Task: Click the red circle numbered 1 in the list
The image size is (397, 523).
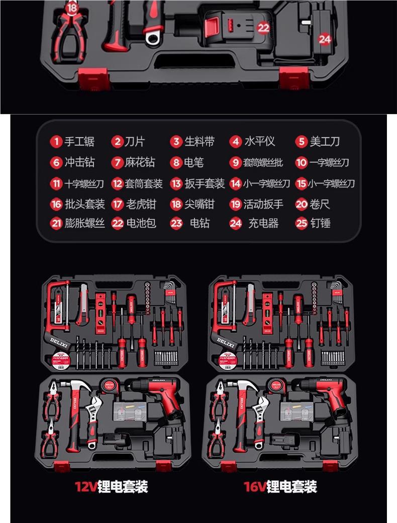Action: (56, 142)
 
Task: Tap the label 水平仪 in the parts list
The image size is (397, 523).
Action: (259, 142)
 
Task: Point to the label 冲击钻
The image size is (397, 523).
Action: (79, 162)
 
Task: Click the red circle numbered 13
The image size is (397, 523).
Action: (176, 184)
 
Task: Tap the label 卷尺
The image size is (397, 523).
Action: (320, 204)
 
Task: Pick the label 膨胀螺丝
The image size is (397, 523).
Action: (84, 223)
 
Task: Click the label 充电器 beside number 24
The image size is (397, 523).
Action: (263, 223)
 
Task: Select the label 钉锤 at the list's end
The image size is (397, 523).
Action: (320, 223)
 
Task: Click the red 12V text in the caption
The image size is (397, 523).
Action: (85, 486)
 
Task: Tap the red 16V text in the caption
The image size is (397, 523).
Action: (255, 486)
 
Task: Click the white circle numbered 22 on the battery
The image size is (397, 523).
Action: (263, 28)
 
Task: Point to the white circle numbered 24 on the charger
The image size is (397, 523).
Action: (325, 39)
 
